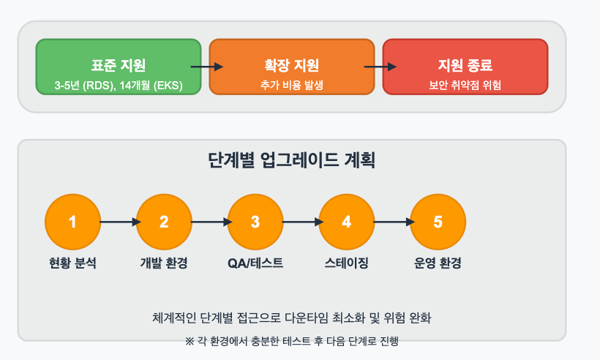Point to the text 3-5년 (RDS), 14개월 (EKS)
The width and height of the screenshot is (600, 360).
(x=119, y=86)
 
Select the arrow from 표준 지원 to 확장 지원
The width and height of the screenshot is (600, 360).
(x=206, y=67)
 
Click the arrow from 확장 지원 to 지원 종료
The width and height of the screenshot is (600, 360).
(x=379, y=67)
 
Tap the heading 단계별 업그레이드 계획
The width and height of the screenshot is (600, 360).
(x=291, y=160)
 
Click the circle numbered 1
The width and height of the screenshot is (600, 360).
(x=72, y=221)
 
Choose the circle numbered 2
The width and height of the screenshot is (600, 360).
(x=164, y=221)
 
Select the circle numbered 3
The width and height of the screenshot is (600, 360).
(x=255, y=221)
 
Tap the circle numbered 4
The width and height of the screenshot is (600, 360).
(x=346, y=221)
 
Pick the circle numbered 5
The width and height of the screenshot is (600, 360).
(x=438, y=221)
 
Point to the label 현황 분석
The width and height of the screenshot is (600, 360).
(x=72, y=263)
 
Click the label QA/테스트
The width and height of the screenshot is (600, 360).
(x=255, y=263)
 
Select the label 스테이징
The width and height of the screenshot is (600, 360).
(x=346, y=263)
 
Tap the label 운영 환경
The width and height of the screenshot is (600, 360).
(x=438, y=263)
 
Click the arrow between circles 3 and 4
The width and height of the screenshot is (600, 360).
(x=301, y=221)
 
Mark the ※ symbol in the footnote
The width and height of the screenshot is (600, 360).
(x=190, y=341)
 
